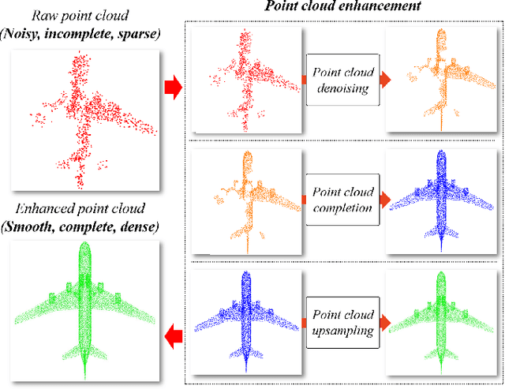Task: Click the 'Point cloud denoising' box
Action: click(342, 79)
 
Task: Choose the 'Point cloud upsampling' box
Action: click(342, 316)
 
